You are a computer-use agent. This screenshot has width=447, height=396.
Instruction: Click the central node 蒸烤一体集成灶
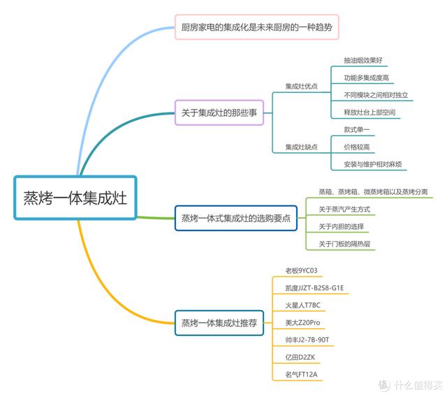75,198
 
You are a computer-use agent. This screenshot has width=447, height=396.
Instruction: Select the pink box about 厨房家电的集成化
257,27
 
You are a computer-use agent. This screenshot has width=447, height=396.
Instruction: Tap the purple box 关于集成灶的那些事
219,112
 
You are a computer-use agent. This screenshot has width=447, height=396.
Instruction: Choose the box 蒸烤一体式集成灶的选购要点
236,218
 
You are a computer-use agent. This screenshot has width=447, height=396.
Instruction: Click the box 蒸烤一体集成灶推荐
219,323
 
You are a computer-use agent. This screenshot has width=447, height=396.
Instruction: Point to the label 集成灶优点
301,86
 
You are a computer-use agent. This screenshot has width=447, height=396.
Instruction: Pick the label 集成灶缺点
301,147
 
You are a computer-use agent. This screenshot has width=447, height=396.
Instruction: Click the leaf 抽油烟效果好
363,60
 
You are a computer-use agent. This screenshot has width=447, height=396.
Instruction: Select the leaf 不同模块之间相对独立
376,95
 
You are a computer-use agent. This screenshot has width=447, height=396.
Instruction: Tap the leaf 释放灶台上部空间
369,112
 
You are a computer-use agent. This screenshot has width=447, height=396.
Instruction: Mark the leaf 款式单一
357,130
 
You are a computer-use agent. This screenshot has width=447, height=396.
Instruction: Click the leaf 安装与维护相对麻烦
372,164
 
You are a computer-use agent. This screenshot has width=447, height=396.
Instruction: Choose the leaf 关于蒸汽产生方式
344,210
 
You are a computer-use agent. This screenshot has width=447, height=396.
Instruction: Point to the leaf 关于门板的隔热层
344,244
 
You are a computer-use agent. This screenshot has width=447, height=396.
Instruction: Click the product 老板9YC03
301,270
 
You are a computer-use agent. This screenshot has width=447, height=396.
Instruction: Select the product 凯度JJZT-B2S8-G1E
314,288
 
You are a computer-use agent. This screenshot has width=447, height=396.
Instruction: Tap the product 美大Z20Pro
302,323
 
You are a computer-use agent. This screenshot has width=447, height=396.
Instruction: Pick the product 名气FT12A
301,374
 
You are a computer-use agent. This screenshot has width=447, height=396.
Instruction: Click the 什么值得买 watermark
411,385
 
